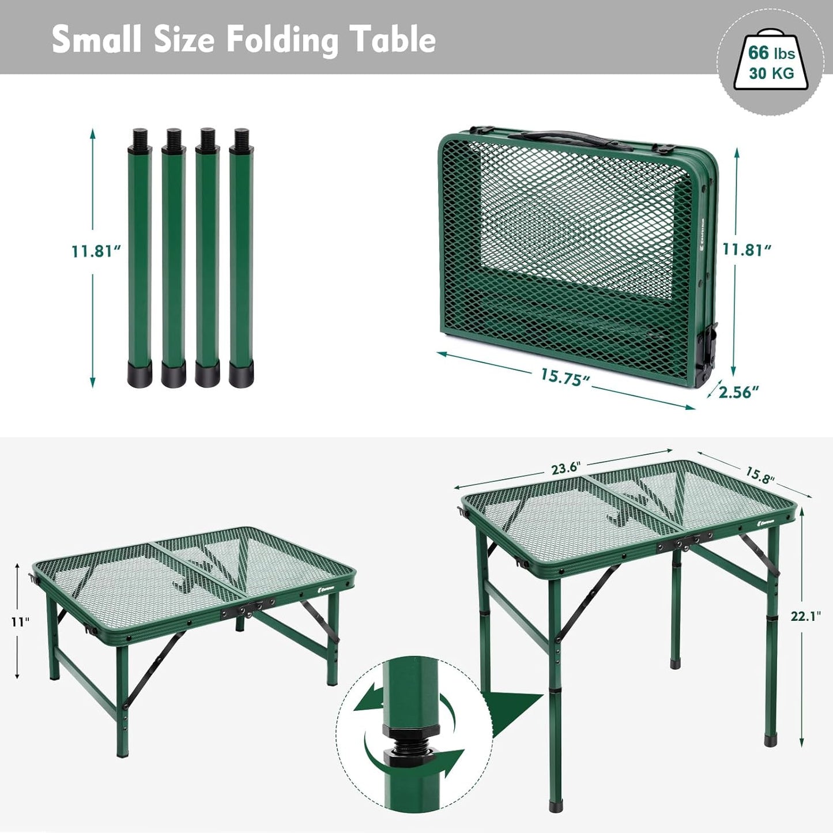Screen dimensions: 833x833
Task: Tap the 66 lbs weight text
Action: coord(771,53)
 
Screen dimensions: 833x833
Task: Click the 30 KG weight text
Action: coord(771,73)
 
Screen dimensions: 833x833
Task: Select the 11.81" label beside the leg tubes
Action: coord(96,251)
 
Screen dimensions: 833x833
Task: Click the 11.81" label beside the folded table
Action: coord(747,250)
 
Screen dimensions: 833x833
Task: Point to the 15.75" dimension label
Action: coord(564,377)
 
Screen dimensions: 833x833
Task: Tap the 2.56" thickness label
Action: coord(739,392)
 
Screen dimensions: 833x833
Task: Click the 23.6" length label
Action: coord(564,468)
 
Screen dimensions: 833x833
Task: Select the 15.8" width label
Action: coord(760,475)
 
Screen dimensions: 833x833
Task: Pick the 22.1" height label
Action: coord(805,616)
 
